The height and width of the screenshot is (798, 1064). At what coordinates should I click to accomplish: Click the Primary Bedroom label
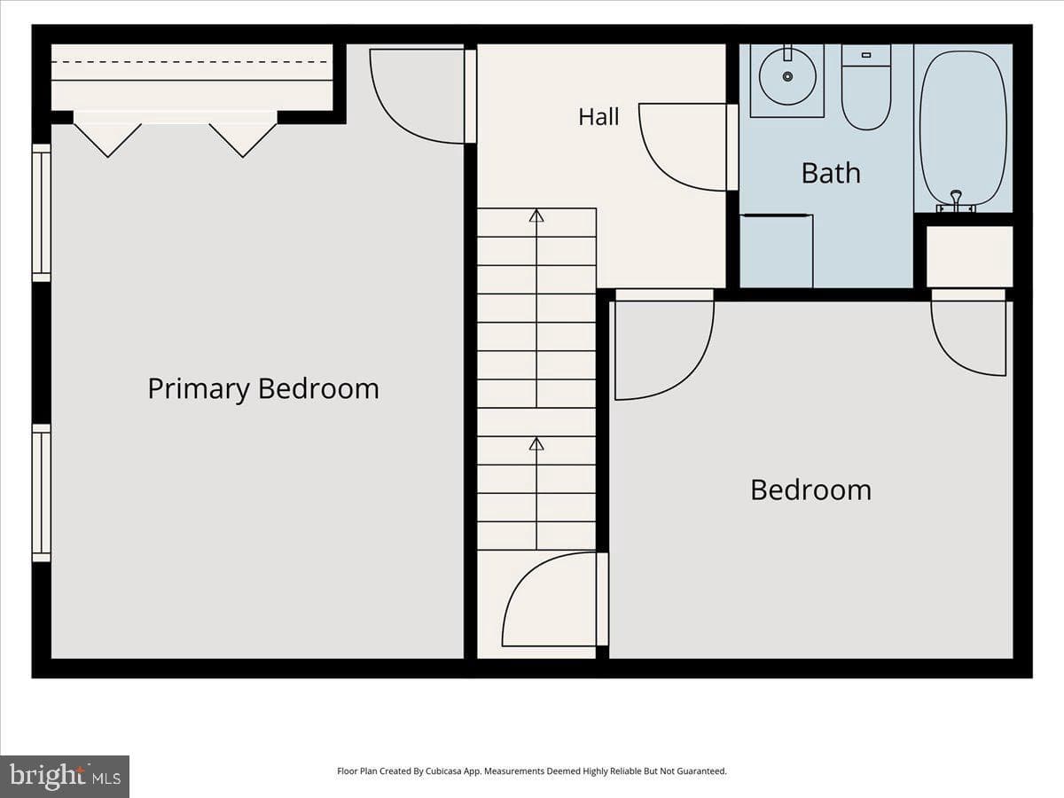click(263, 389)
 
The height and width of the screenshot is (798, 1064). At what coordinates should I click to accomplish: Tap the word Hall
click(598, 117)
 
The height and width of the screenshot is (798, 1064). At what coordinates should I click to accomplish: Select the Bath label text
click(831, 173)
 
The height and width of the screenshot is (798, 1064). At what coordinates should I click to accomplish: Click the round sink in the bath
click(787, 76)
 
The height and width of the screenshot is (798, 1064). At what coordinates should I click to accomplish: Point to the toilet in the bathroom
click(866, 87)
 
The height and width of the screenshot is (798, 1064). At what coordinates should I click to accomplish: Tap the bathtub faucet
click(956, 200)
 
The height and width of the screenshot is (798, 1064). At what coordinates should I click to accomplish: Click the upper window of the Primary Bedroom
click(42, 213)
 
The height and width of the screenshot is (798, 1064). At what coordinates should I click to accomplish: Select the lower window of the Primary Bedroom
click(42, 493)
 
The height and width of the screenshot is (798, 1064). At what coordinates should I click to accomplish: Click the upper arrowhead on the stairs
click(536, 215)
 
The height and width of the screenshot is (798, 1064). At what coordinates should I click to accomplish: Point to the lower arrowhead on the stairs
click(536, 443)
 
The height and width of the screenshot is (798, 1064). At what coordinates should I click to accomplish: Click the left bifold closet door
click(107, 140)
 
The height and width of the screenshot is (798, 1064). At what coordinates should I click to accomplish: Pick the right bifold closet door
click(243, 140)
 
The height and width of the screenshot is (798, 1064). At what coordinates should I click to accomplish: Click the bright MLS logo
click(65, 777)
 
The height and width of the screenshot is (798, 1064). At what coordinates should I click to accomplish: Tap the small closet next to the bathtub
click(969, 256)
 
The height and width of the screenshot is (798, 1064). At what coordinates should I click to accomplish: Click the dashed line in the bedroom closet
click(190, 62)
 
